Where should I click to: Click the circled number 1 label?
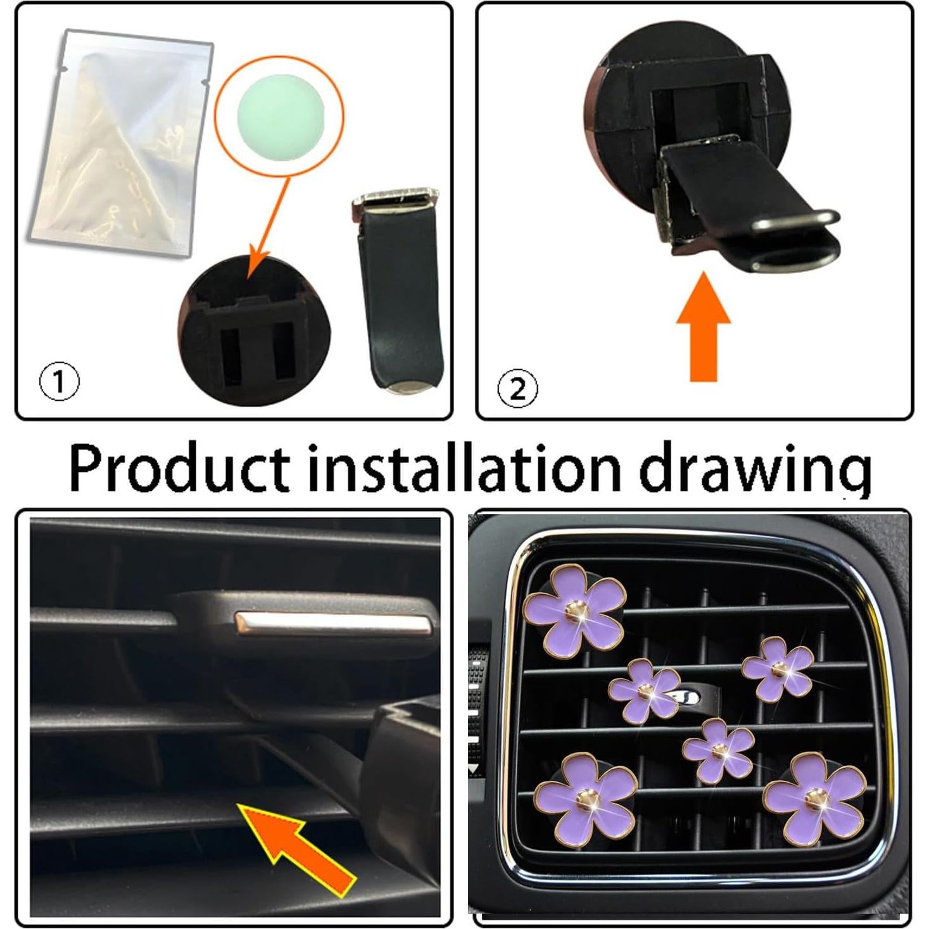pos(60,382)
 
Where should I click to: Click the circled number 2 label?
pos(517,388)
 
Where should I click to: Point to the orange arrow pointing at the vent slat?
pos(295,842)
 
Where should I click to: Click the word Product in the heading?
pos(179,469)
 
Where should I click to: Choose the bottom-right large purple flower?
pos(814,800)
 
